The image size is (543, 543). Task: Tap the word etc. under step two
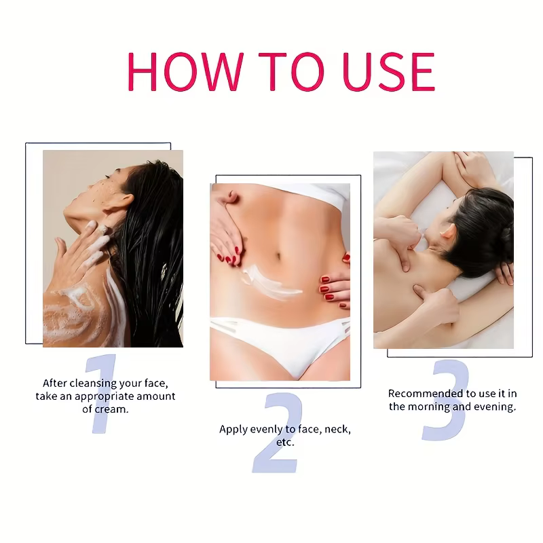[285, 442]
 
